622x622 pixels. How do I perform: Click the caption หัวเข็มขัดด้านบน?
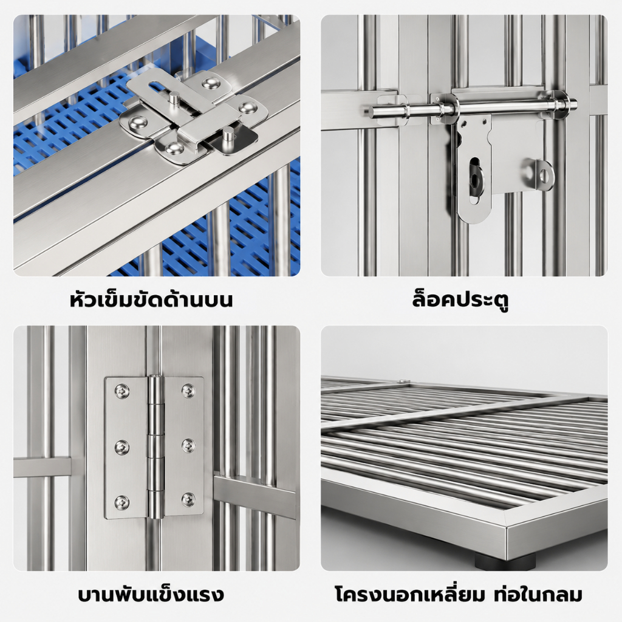151,300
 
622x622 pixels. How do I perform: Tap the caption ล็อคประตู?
460,300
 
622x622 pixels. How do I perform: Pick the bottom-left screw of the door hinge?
121,502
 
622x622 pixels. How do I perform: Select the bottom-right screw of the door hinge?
188,499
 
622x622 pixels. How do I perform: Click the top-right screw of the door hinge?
188,391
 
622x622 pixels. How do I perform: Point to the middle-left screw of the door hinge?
121,448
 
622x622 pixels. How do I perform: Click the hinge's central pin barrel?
155,446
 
